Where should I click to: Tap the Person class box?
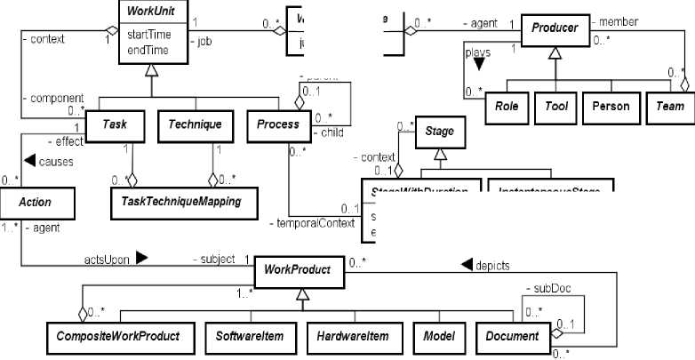point(611,106)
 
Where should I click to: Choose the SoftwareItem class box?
point(251,336)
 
